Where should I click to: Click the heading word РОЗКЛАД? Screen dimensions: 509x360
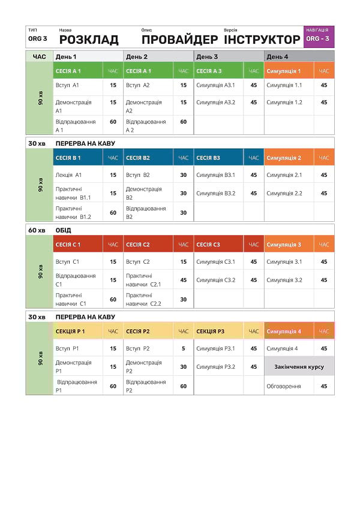[89, 40]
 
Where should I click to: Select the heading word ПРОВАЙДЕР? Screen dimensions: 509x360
[179, 40]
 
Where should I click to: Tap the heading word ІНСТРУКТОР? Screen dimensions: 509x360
[262, 40]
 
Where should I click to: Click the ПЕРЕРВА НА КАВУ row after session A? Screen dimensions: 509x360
[85, 144]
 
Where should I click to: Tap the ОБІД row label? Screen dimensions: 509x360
[63, 230]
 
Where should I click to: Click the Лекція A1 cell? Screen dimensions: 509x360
[68, 175]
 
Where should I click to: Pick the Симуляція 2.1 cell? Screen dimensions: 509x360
[284, 175]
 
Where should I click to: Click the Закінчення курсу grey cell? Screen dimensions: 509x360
[299, 366]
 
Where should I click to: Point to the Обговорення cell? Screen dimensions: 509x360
[284, 386]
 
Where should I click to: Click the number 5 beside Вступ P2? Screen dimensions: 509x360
[183, 348]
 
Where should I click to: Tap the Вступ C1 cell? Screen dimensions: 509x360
[67, 262]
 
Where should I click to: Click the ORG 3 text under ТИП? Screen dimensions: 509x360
[37, 39]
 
